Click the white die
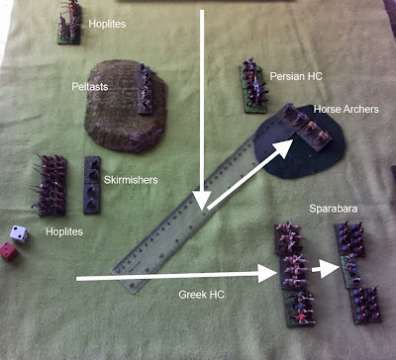(19, 234)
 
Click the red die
(9, 251)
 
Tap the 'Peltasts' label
(90, 87)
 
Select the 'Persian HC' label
(296, 76)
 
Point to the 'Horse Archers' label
(346, 109)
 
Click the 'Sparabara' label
(334, 209)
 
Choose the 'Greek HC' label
(201, 295)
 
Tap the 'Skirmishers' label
(131, 180)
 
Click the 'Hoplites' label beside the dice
(64, 231)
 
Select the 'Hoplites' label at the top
(107, 24)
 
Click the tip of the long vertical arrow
(202, 210)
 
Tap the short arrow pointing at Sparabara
(325, 269)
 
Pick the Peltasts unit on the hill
(145, 89)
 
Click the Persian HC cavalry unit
(252, 86)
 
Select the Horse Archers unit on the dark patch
(304, 127)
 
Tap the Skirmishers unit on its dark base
(92, 185)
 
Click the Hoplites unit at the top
(69, 22)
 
